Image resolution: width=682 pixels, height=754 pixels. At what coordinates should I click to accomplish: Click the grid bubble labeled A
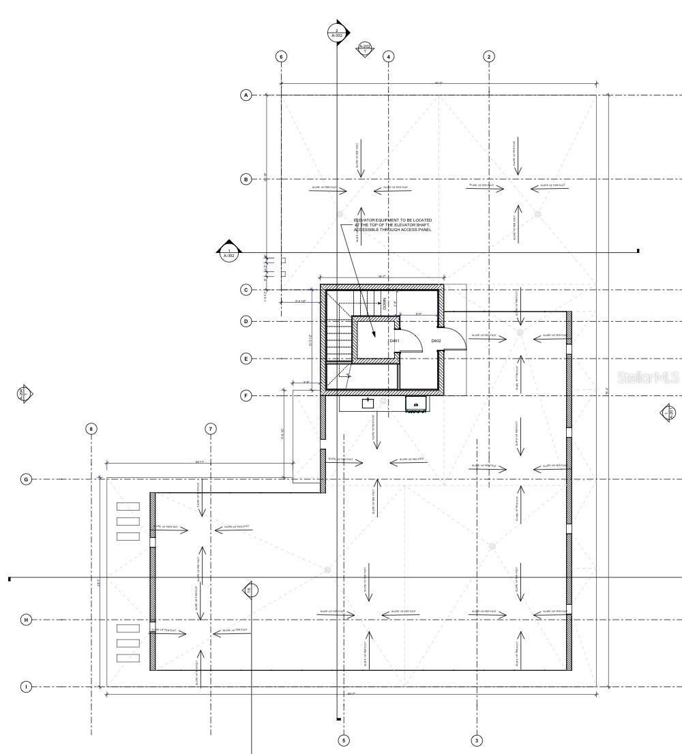tap(246, 95)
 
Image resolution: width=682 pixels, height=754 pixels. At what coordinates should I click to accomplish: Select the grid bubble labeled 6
tap(281, 56)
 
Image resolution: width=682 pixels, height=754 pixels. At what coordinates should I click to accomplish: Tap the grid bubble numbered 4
tap(389, 56)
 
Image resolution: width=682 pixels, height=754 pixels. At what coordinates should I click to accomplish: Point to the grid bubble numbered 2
tap(489, 56)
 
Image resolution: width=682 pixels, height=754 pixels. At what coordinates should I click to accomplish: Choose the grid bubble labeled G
tap(26, 479)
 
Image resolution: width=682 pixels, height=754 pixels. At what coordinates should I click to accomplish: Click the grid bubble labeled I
tap(26, 687)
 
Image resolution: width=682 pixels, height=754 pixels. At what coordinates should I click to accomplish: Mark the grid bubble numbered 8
tap(91, 429)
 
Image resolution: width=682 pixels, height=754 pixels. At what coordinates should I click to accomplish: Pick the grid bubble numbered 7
tap(211, 429)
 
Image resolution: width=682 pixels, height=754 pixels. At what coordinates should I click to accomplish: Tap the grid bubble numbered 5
tap(344, 740)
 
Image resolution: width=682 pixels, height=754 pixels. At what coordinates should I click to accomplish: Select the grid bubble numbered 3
tap(477, 740)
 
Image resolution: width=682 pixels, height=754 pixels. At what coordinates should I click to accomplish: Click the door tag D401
tap(394, 341)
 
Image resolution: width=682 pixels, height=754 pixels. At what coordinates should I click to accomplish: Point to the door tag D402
tap(436, 341)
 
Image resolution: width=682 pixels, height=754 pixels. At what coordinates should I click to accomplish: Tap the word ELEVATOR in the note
tap(366, 220)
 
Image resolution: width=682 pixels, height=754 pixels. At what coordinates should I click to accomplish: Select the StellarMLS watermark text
tap(647, 377)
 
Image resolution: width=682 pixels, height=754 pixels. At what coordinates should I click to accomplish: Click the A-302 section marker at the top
tap(337, 32)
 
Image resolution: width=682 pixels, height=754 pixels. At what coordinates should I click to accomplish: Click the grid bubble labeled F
tap(246, 395)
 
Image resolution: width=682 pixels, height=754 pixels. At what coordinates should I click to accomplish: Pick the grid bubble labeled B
tap(246, 179)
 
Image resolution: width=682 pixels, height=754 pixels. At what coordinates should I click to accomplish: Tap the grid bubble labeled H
tap(26, 620)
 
